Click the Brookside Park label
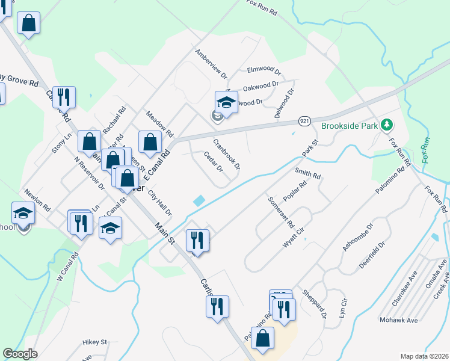tap(349, 126)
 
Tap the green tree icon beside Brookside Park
tap(387, 126)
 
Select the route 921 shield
tap(304, 122)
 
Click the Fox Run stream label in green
tap(427, 150)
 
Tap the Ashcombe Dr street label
tap(358, 238)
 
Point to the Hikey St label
tap(94, 342)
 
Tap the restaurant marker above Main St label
tap(197, 240)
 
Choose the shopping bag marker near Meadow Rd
tap(150, 143)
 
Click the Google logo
tap(20, 354)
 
